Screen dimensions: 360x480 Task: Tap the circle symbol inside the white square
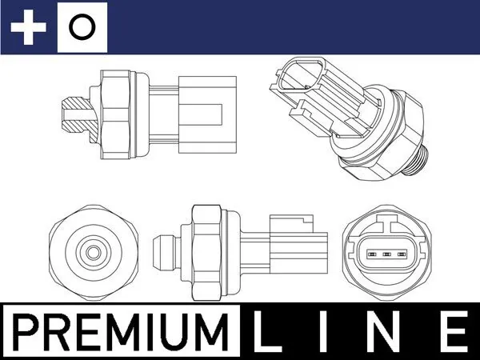coord(82,28)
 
